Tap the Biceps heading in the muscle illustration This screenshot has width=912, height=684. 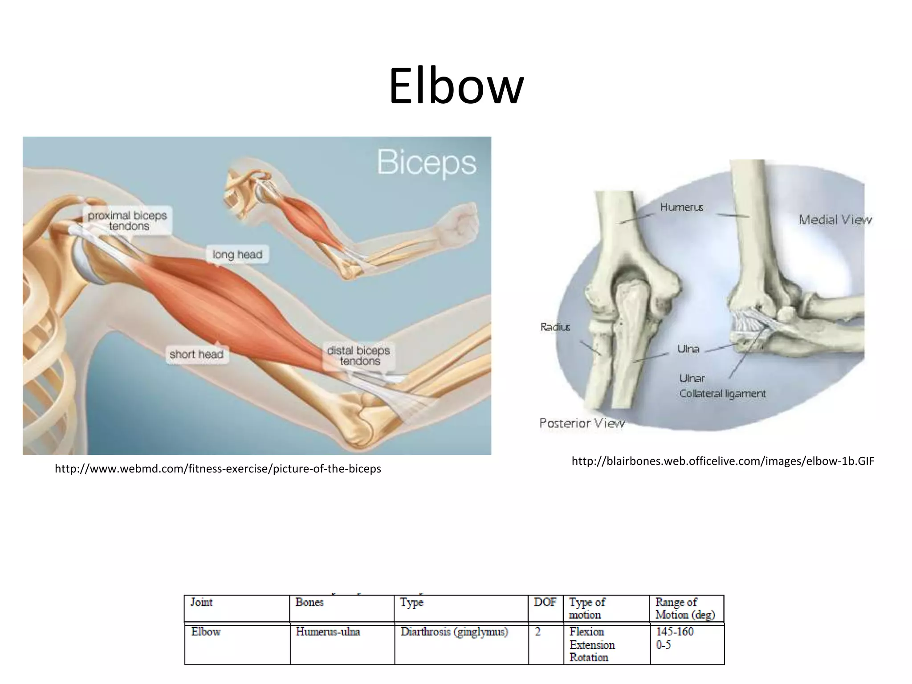(x=426, y=163)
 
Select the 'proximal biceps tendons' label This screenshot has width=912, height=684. (x=127, y=220)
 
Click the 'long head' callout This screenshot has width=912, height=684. (x=237, y=255)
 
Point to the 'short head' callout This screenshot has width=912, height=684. (x=196, y=354)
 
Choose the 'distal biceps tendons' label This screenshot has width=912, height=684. (x=358, y=356)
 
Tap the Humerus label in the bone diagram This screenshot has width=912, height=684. (x=681, y=207)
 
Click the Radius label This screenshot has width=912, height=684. (x=555, y=327)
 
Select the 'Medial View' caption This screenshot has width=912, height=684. (x=835, y=220)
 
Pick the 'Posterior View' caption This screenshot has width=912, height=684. (x=582, y=423)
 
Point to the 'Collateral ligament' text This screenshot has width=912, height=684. (x=722, y=394)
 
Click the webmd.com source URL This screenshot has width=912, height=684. (x=218, y=469)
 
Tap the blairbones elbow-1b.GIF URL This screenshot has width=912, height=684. (x=723, y=461)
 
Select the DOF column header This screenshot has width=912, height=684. (x=545, y=603)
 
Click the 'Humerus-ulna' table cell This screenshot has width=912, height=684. (x=328, y=632)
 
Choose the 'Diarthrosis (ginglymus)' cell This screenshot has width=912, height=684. (x=454, y=632)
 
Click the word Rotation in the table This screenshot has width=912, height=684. (x=589, y=658)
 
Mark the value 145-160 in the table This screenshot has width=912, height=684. (x=675, y=631)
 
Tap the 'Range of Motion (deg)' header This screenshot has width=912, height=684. (x=685, y=609)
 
